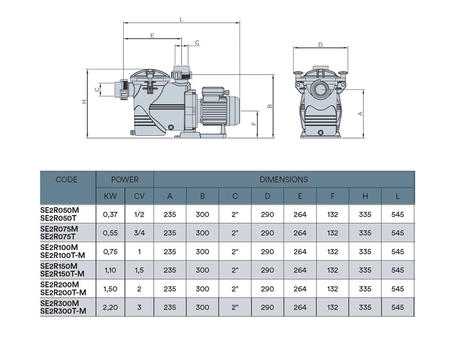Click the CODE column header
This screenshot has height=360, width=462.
[x=67, y=179]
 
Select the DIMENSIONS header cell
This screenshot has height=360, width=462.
[x=284, y=179]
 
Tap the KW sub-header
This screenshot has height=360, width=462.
[x=110, y=196]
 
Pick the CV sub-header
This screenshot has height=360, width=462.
[x=139, y=196]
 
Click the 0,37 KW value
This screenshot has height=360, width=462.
[x=110, y=214]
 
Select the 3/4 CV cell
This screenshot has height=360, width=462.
[x=139, y=233]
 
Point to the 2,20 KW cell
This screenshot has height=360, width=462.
[x=110, y=308]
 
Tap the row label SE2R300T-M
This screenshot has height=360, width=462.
[x=63, y=311]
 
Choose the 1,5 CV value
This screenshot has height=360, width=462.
[x=139, y=271]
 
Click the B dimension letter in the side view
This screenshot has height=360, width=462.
[x=269, y=106]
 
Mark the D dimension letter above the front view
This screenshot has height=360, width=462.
[x=320, y=45]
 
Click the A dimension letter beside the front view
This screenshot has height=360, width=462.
[x=360, y=113]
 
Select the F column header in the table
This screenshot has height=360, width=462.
[x=332, y=196]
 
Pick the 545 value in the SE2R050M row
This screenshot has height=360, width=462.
[x=398, y=214]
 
